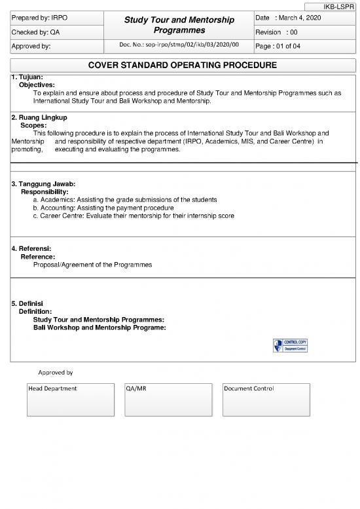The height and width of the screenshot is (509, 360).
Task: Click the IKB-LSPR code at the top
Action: click(x=338, y=6)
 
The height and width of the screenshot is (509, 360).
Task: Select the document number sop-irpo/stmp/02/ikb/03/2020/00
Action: click(x=179, y=45)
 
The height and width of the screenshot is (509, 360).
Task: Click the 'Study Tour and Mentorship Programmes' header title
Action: click(x=179, y=25)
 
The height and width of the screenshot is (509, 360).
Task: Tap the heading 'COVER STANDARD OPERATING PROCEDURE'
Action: click(x=183, y=65)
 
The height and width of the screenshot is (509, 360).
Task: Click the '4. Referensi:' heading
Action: click(x=31, y=249)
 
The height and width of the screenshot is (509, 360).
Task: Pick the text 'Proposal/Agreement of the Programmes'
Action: click(x=92, y=265)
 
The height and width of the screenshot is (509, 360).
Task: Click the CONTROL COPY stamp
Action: click(x=290, y=345)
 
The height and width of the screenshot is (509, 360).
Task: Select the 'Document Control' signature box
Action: click(x=266, y=400)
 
